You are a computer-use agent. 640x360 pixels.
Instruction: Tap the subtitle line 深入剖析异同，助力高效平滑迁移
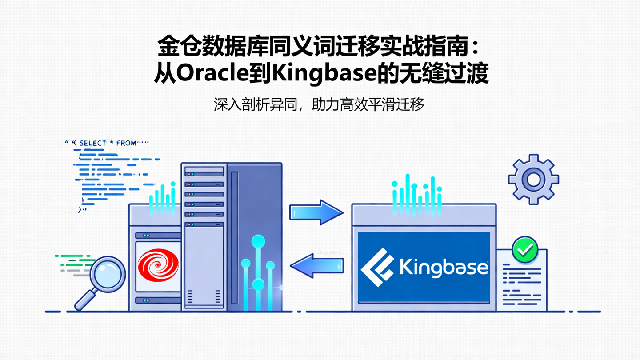coord(319,105)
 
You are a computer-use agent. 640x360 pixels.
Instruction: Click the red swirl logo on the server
coord(158,265)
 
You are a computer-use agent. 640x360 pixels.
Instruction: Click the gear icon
coord(533,179)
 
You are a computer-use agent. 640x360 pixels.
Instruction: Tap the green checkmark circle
coord(525,250)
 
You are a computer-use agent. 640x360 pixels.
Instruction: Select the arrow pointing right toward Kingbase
coord(316,212)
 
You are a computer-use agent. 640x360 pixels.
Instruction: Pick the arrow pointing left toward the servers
coord(316,265)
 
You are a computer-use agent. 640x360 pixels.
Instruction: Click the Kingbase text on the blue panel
coord(444,268)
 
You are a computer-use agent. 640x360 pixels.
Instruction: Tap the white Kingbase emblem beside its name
coord(377,268)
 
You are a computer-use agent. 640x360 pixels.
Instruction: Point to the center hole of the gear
coord(533,179)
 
